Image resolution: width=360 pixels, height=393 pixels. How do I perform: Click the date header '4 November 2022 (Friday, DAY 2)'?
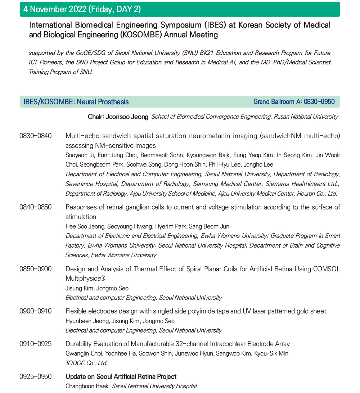pos(82,9)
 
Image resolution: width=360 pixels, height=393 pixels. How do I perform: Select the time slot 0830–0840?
pos(35,136)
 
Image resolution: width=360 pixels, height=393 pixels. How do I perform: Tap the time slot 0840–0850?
pos(35,207)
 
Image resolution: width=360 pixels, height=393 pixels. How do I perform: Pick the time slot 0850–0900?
pos(35,269)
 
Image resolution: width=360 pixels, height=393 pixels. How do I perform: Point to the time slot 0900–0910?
pos(35,311)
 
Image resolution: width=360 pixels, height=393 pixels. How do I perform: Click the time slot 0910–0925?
pos(35,344)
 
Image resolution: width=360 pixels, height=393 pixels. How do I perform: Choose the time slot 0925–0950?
pos(35,377)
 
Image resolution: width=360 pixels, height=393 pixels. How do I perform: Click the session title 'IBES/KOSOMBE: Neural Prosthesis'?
pos(76,102)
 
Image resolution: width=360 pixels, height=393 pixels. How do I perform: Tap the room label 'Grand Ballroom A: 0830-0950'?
pos(294,102)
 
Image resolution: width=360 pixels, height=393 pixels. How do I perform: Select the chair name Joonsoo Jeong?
pos(127,117)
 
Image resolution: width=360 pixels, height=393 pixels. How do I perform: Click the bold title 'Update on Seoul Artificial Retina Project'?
pos(121,377)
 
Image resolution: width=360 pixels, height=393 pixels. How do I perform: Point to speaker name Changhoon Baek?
pos(87,386)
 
